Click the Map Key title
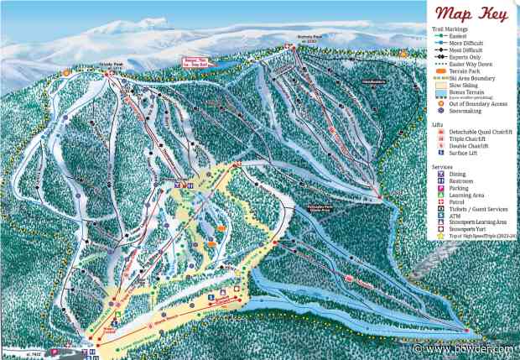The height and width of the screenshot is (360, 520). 472,14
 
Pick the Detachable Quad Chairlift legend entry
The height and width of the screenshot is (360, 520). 476,132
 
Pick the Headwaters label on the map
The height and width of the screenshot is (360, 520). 372,81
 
